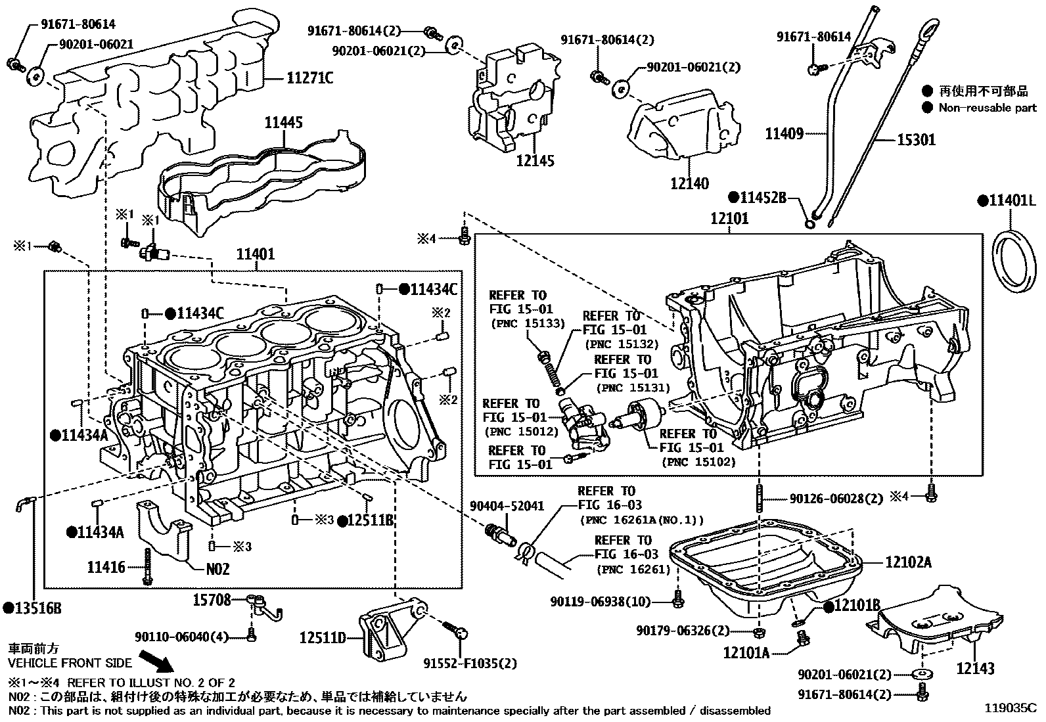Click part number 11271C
click(309, 78)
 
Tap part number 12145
click(535, 160)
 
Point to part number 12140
click(689, 183)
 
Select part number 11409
click(784, 134)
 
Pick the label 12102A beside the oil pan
click(908, 562)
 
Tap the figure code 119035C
click(1010, 708)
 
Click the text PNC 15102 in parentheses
click(698, 462)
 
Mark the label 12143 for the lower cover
click(975, 669)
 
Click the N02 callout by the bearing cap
click(217, 568)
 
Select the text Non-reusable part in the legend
click(987, 108)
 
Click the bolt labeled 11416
click(148, 565)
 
